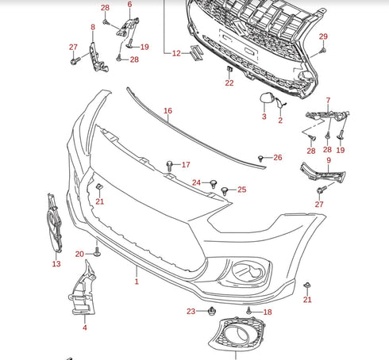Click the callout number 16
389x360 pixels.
point(168,111)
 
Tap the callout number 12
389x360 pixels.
point(176,53)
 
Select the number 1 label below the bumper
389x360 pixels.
point(136,281)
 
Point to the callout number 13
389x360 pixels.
point(56,264)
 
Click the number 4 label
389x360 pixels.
point(84,327)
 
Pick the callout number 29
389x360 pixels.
point(323,37)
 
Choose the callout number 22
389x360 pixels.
point(229,82)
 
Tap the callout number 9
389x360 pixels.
point(328,161)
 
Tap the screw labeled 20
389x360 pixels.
point(97,254)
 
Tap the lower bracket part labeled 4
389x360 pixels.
point(83,292)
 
